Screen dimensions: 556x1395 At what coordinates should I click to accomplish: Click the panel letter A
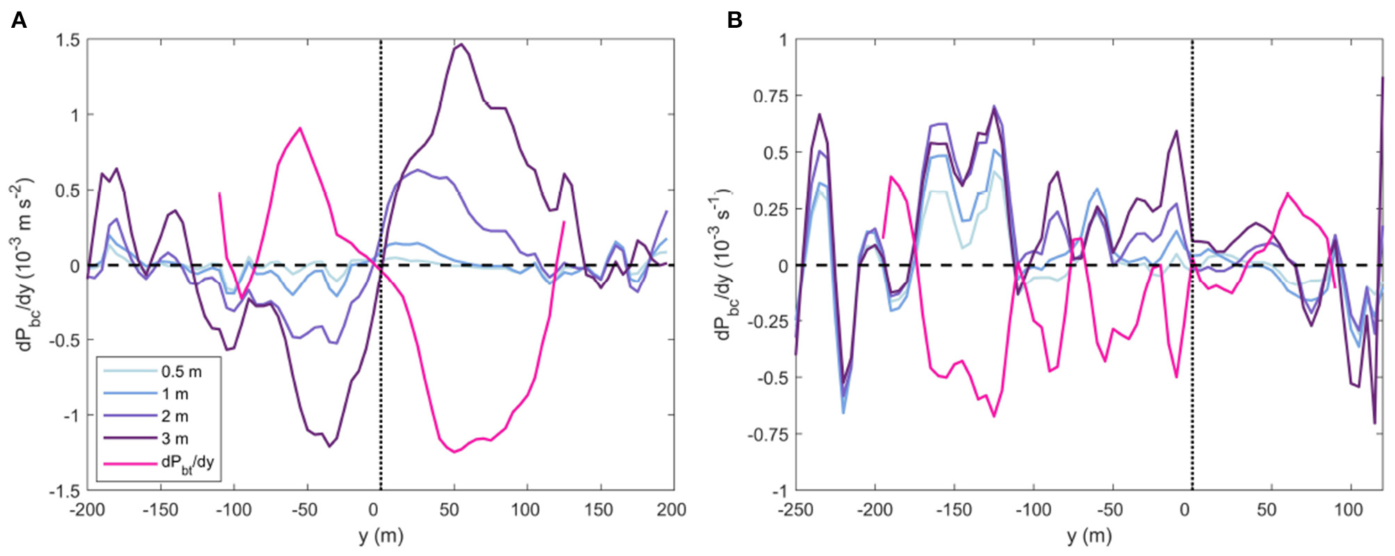pyautogui.click(x=19, y=20)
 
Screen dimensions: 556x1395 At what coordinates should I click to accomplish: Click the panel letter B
pyautogui.click(x=734, y=20)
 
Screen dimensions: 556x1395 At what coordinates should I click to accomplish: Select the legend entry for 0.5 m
pyautogui.click(x=181, y=372)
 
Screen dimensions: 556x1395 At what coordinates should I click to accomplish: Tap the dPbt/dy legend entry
pyautogui.click(x=188, y=461)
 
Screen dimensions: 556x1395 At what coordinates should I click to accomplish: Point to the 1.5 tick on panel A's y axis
pyautogui.click(x=67, y=40)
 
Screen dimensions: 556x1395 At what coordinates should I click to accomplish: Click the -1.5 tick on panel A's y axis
pyautogui.click(x=64, y=491)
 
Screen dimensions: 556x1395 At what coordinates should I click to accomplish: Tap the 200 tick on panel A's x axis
pyautogui.click(x=671, y=510)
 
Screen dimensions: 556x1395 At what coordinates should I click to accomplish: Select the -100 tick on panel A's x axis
pyautogui.click(x=233, y=510)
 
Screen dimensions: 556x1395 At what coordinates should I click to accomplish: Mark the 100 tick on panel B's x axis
pyautogui.click(x=1348, y=510)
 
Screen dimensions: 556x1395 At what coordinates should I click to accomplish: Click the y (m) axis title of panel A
pyautogui.click(x=380, y=536)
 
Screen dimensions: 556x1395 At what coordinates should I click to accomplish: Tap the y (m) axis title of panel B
pyautogui.click(x=1089, y=536)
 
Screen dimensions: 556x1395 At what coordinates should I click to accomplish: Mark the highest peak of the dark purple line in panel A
pyautogui.click(x=461, y=44)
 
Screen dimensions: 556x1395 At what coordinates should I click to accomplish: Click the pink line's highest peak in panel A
pyautogui.click(x=299, y=128)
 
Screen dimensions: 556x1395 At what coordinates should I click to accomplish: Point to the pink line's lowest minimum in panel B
pyautogui.click(x=993, y=416)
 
